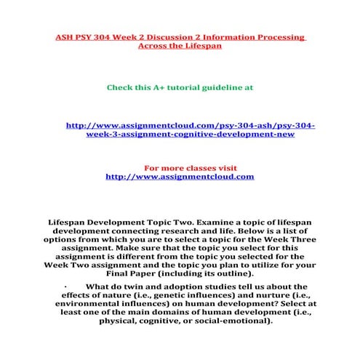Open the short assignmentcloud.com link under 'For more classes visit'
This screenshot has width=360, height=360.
point(180,176)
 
